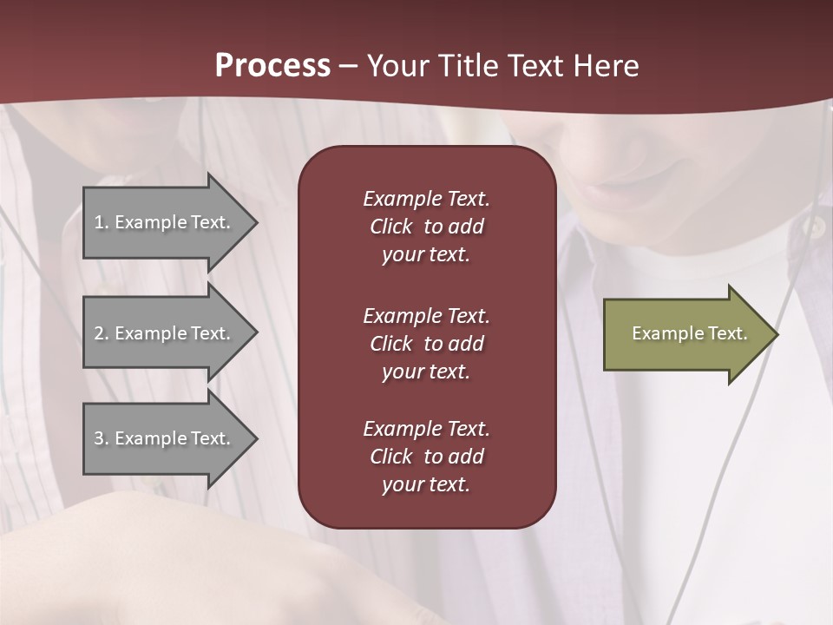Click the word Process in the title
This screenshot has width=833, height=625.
(272, 66)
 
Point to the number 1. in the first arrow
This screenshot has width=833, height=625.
(101, 222)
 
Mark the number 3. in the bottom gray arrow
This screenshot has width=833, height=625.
(101, 438)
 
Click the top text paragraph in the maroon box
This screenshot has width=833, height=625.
(426, 227)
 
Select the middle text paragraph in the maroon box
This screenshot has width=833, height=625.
(426, 344)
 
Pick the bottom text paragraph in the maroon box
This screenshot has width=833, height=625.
(426, 457)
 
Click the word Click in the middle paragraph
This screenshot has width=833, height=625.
(390, 344)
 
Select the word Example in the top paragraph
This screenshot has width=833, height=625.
(402, 199)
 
